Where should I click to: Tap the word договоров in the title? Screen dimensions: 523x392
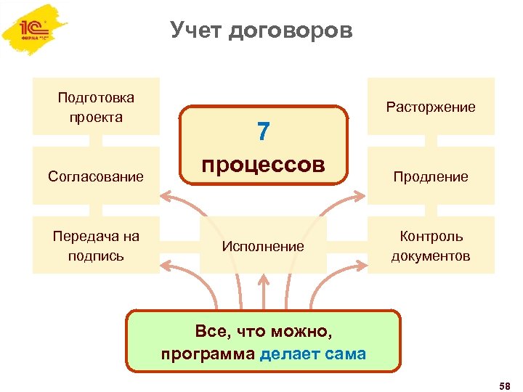[290, 31]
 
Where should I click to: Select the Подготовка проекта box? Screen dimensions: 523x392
[96, 107]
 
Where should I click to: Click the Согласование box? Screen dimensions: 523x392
[96, 176]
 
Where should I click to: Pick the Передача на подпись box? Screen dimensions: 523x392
[96, 245]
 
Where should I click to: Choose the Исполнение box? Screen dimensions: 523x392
[263, 246]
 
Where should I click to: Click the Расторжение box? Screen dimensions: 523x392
[431, 107]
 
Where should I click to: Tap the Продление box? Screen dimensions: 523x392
[431, 176]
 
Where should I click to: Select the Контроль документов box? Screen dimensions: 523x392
[431, 245]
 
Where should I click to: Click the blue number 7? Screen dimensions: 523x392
[263, 131]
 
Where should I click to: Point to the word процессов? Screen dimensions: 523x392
[263, 164]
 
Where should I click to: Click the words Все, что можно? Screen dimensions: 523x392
[263, 332]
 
